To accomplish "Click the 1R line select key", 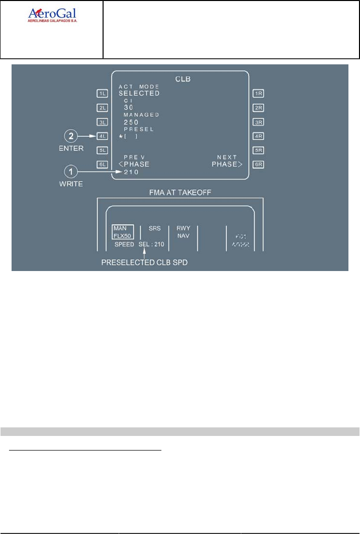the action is click(x=259, y=93).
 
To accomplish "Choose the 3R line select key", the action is click(x=259, y=122).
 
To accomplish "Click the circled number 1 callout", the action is click(x=71, y=172).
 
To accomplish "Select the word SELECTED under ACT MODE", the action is click(x=139, y=94).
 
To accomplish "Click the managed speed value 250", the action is click(x=131, y=122).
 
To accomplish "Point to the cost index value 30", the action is click(x=128, y=108).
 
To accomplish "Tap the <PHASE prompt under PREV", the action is click(x=134, y=164).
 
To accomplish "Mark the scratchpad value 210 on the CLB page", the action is click(x=131, y=172).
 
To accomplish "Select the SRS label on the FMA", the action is click(x=154, y=228).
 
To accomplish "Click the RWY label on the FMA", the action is click(x=183, y=228).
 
